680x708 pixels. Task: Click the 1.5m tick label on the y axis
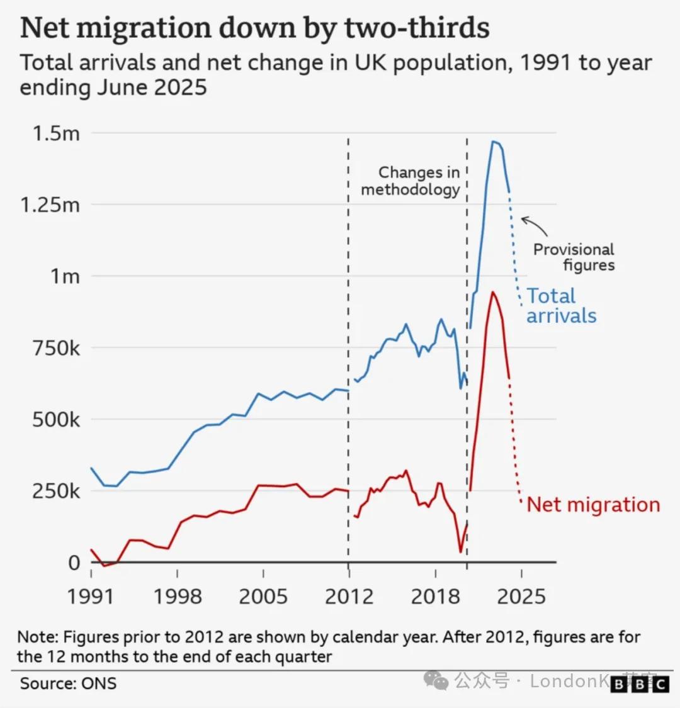pos(56,133)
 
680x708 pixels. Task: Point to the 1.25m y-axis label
pos(50,205)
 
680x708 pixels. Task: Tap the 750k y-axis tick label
pos(56,348)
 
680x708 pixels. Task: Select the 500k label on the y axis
pos(56,420)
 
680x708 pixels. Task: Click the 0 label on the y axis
pos(74,563)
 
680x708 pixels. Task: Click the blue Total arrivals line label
pos(560,306)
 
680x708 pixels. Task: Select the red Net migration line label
pos(593,505)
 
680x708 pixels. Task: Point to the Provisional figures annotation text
pos(574,257)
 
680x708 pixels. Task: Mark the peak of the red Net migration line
pos(492,292)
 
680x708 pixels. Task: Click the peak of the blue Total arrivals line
pos(493,142)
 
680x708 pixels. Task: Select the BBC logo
pos(639,684)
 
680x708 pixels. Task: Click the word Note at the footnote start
pos(37,637)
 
